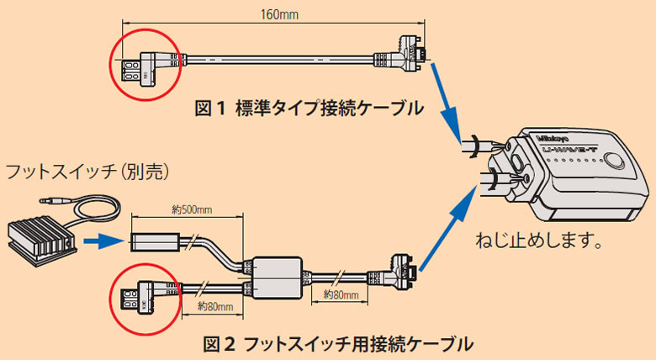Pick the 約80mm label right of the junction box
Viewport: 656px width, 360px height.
(x=341, y=295)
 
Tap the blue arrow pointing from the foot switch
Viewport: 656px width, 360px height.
(x=104, y=243)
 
